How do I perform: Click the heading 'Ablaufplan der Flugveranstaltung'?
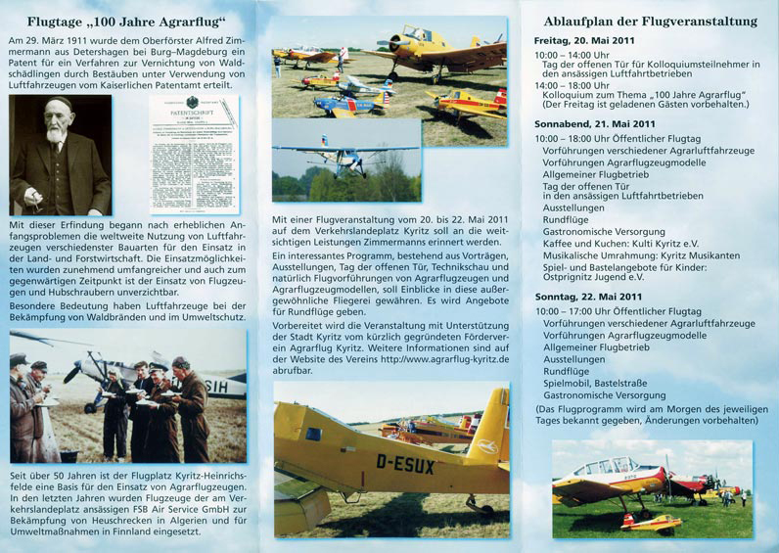tap(651, 22)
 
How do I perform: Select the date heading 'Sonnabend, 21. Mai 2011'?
tap(595, 125)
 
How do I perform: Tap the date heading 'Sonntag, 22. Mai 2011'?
tap(588, 296)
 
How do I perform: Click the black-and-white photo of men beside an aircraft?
tap(128, 395)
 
